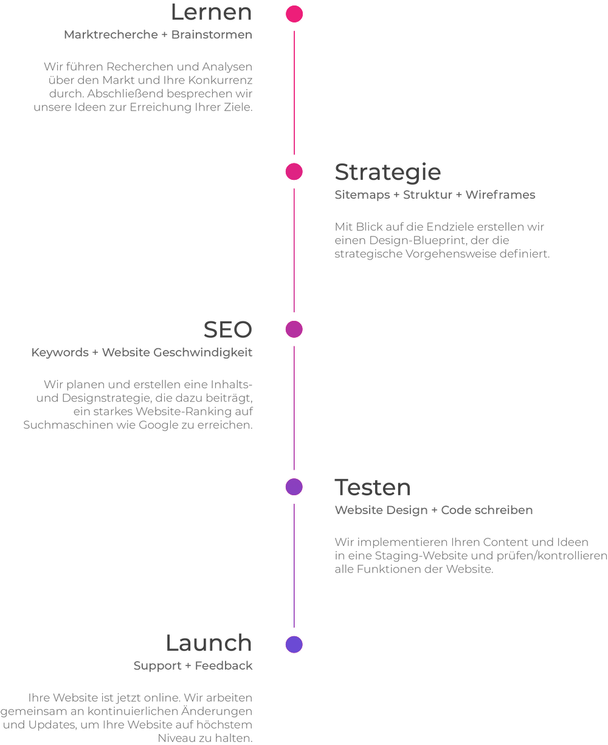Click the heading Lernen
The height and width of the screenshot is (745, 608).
point(211,12)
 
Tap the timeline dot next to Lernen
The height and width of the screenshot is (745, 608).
point(294,14)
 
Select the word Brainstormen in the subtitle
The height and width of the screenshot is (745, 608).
point(212,35)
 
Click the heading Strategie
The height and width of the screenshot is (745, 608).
point(387,173)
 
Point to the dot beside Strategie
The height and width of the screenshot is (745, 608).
point(294,172)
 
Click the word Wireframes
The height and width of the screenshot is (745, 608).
point(500,194)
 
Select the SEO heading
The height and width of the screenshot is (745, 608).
point(227,329)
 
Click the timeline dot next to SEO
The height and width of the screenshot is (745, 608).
point(294,329)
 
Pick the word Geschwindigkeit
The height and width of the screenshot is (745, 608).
point(202,352)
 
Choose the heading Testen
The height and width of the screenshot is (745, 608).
point(373,487)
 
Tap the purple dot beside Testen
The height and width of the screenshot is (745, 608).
point(294,487)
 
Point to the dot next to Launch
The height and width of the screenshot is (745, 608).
point(294,644)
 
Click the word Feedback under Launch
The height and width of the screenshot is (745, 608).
point(223,665)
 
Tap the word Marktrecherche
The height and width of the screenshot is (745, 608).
point(111,35)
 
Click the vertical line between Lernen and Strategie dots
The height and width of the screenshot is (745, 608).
point(294,92)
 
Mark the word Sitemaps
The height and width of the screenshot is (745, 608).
point(362,194)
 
